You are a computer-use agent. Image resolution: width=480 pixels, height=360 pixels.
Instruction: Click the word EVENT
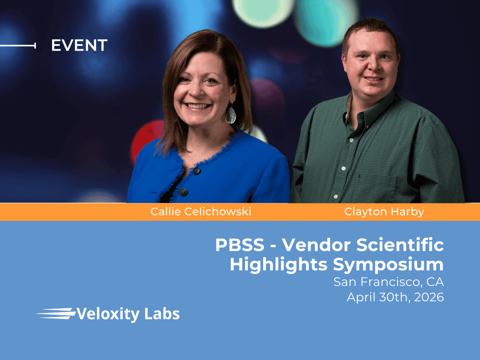pos(79,45)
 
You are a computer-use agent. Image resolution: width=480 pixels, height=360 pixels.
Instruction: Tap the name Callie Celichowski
pos(201,211)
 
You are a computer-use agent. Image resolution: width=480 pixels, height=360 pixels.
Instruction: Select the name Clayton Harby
pos(384,211)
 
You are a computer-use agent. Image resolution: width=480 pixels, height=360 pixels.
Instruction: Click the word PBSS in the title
pos(240,245)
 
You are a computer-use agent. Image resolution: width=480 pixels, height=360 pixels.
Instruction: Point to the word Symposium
pos(389,265)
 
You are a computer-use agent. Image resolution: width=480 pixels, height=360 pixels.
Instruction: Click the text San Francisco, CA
pos(389,282)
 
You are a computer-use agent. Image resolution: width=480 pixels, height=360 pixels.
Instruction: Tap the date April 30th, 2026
pos(395,297)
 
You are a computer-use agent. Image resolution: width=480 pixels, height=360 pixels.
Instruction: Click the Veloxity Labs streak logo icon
pos(56,314)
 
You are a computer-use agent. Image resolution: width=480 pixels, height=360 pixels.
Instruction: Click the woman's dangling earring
pos(231,115)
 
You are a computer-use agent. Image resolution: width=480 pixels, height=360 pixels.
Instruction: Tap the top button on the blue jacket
pos(197,171)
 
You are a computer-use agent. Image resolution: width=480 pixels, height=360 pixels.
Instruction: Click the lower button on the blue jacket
pos(183,192)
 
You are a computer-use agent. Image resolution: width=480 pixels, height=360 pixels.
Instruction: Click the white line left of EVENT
pos(18,45)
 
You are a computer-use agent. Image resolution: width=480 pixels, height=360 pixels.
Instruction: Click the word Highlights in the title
pos(278,265)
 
